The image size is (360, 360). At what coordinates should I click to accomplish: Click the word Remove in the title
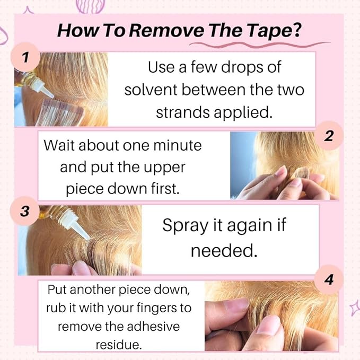point(166,31)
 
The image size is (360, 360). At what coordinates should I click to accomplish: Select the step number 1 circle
point(25,57)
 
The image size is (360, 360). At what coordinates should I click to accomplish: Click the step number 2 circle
point(329,136)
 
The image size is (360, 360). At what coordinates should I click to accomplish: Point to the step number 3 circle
point(25,211)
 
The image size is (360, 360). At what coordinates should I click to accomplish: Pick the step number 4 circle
point(329,279)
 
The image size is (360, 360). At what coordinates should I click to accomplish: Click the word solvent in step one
point(151,90)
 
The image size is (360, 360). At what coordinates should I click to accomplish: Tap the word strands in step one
point(183,112)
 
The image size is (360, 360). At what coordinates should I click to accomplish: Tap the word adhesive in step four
point(153,326)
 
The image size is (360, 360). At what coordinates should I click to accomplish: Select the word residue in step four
point(119,345)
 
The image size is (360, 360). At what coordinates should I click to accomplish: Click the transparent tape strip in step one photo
point(60,112)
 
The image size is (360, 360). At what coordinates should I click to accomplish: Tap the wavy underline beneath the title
point(259,45)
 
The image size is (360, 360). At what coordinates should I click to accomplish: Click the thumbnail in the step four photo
point(268,324)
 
